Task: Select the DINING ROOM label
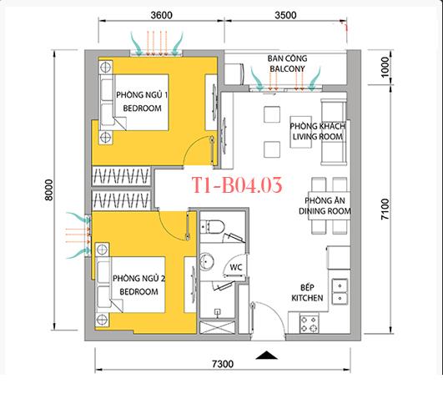[327, 206]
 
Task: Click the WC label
[236, 268]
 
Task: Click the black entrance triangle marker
[265, 356]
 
